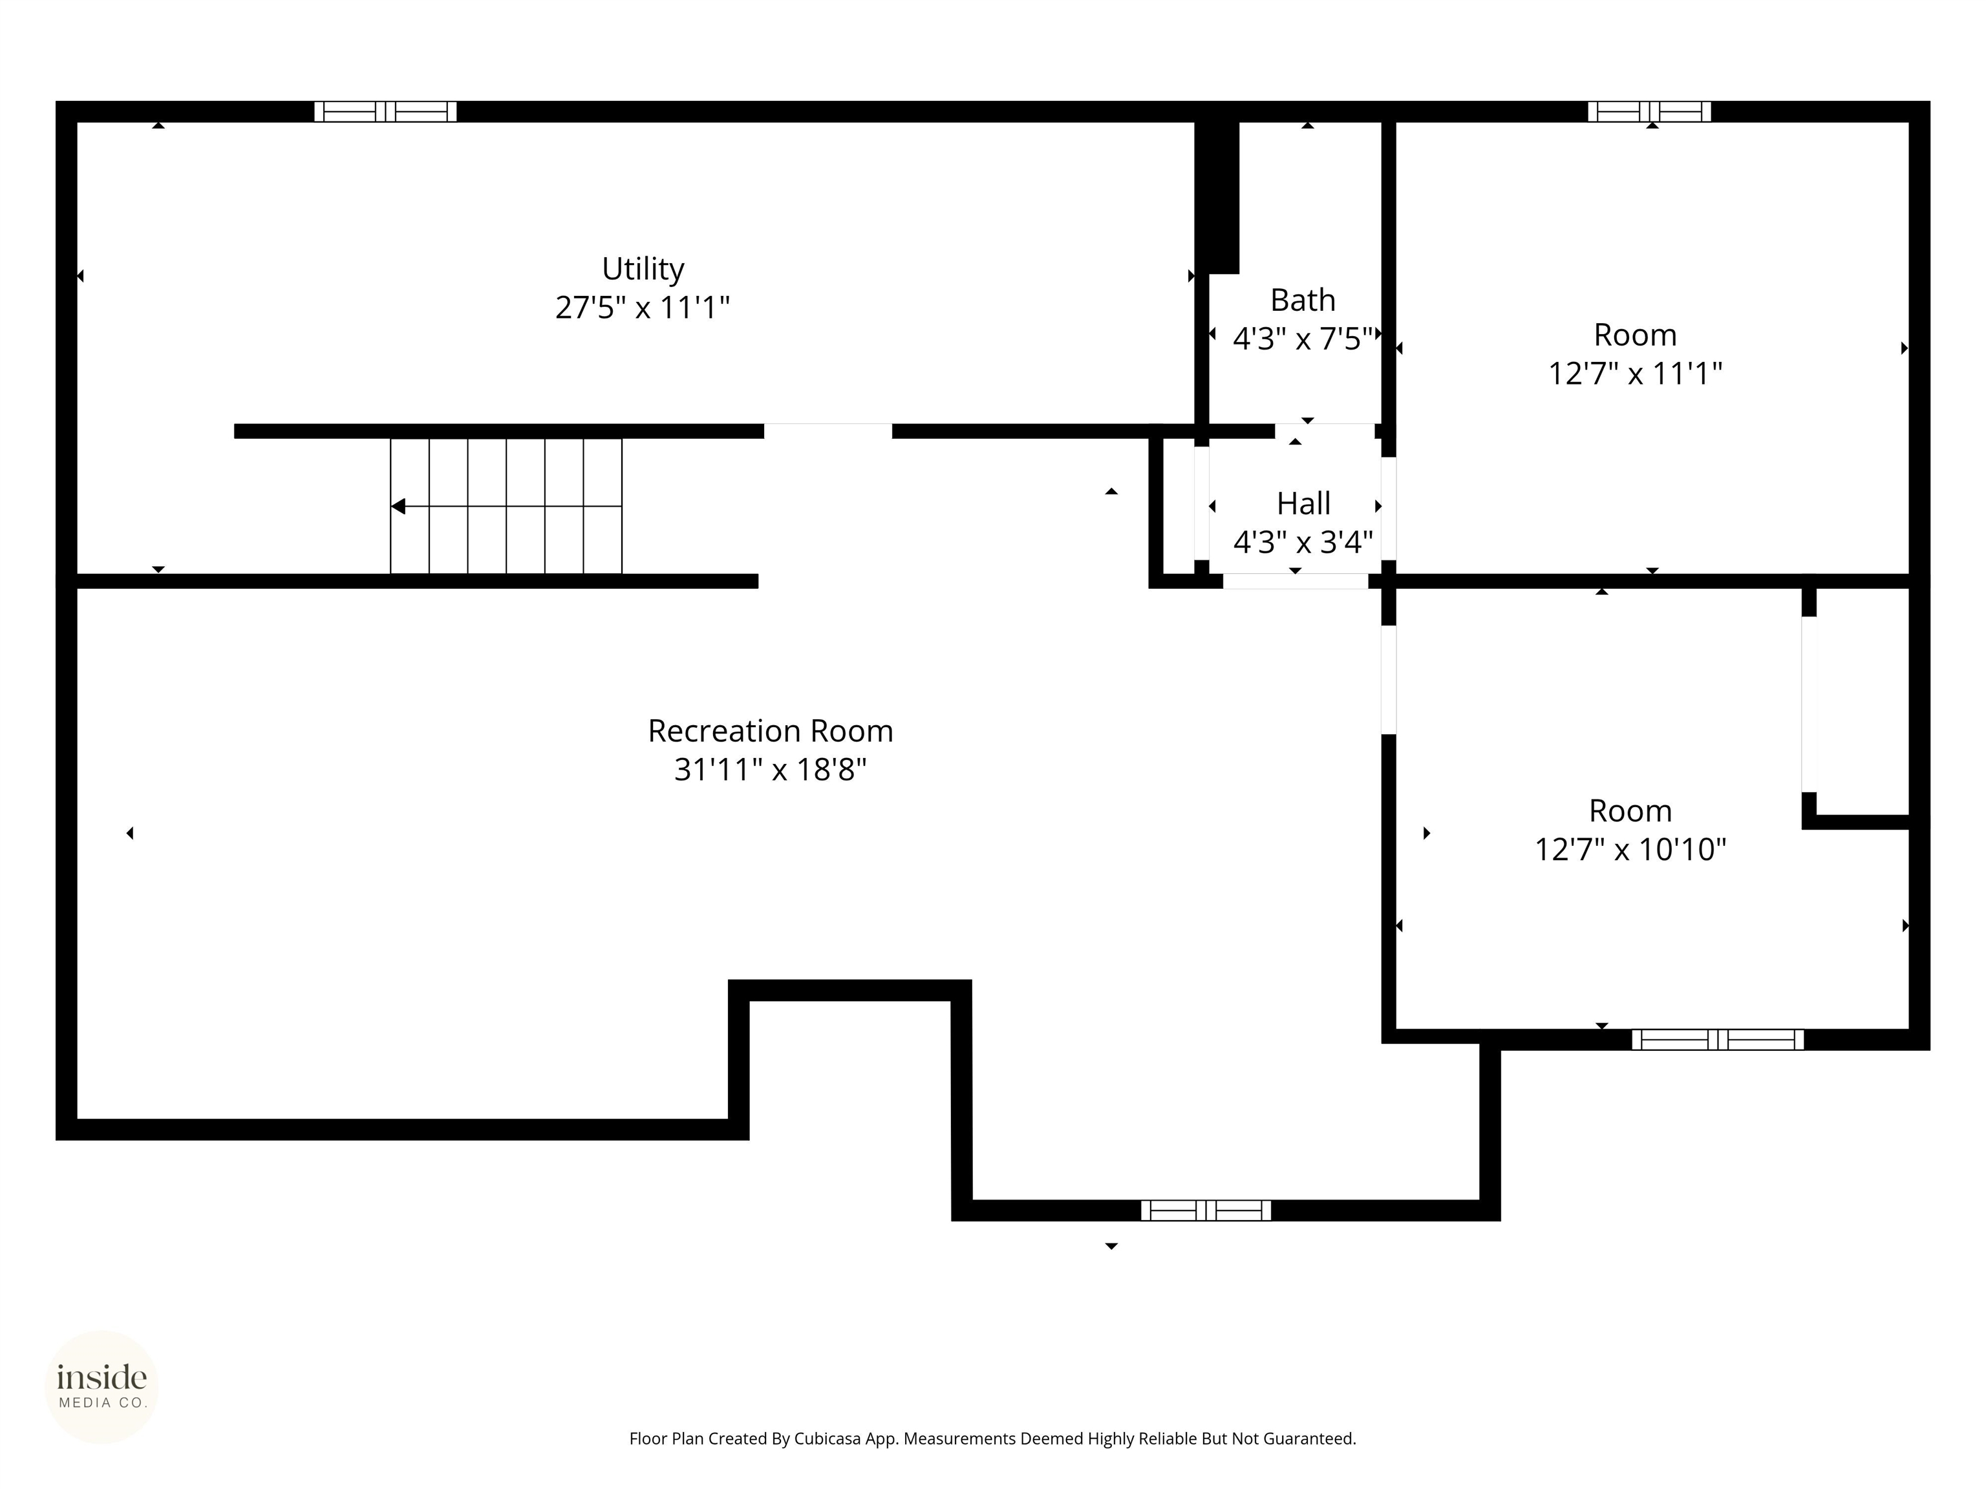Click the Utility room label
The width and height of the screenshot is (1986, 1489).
pos(642,268)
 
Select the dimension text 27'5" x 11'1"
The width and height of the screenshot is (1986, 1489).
pos(642,308)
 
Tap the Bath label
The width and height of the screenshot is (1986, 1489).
pos(1302,300)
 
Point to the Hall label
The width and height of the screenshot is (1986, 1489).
pos(1303,503)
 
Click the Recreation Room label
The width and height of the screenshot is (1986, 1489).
pos(771,730)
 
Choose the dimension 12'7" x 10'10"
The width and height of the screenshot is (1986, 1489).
pos(1630,849)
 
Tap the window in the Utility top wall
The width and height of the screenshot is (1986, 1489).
pos(385,111)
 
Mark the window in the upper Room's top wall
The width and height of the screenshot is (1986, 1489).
pos(1649,111)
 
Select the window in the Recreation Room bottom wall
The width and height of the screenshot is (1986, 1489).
pos(1205,1210)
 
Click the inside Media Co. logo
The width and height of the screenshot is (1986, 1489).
pos(101,1387)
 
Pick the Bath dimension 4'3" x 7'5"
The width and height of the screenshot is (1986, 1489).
pos(1303,339)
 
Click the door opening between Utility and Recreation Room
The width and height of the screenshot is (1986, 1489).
pos(827,431)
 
